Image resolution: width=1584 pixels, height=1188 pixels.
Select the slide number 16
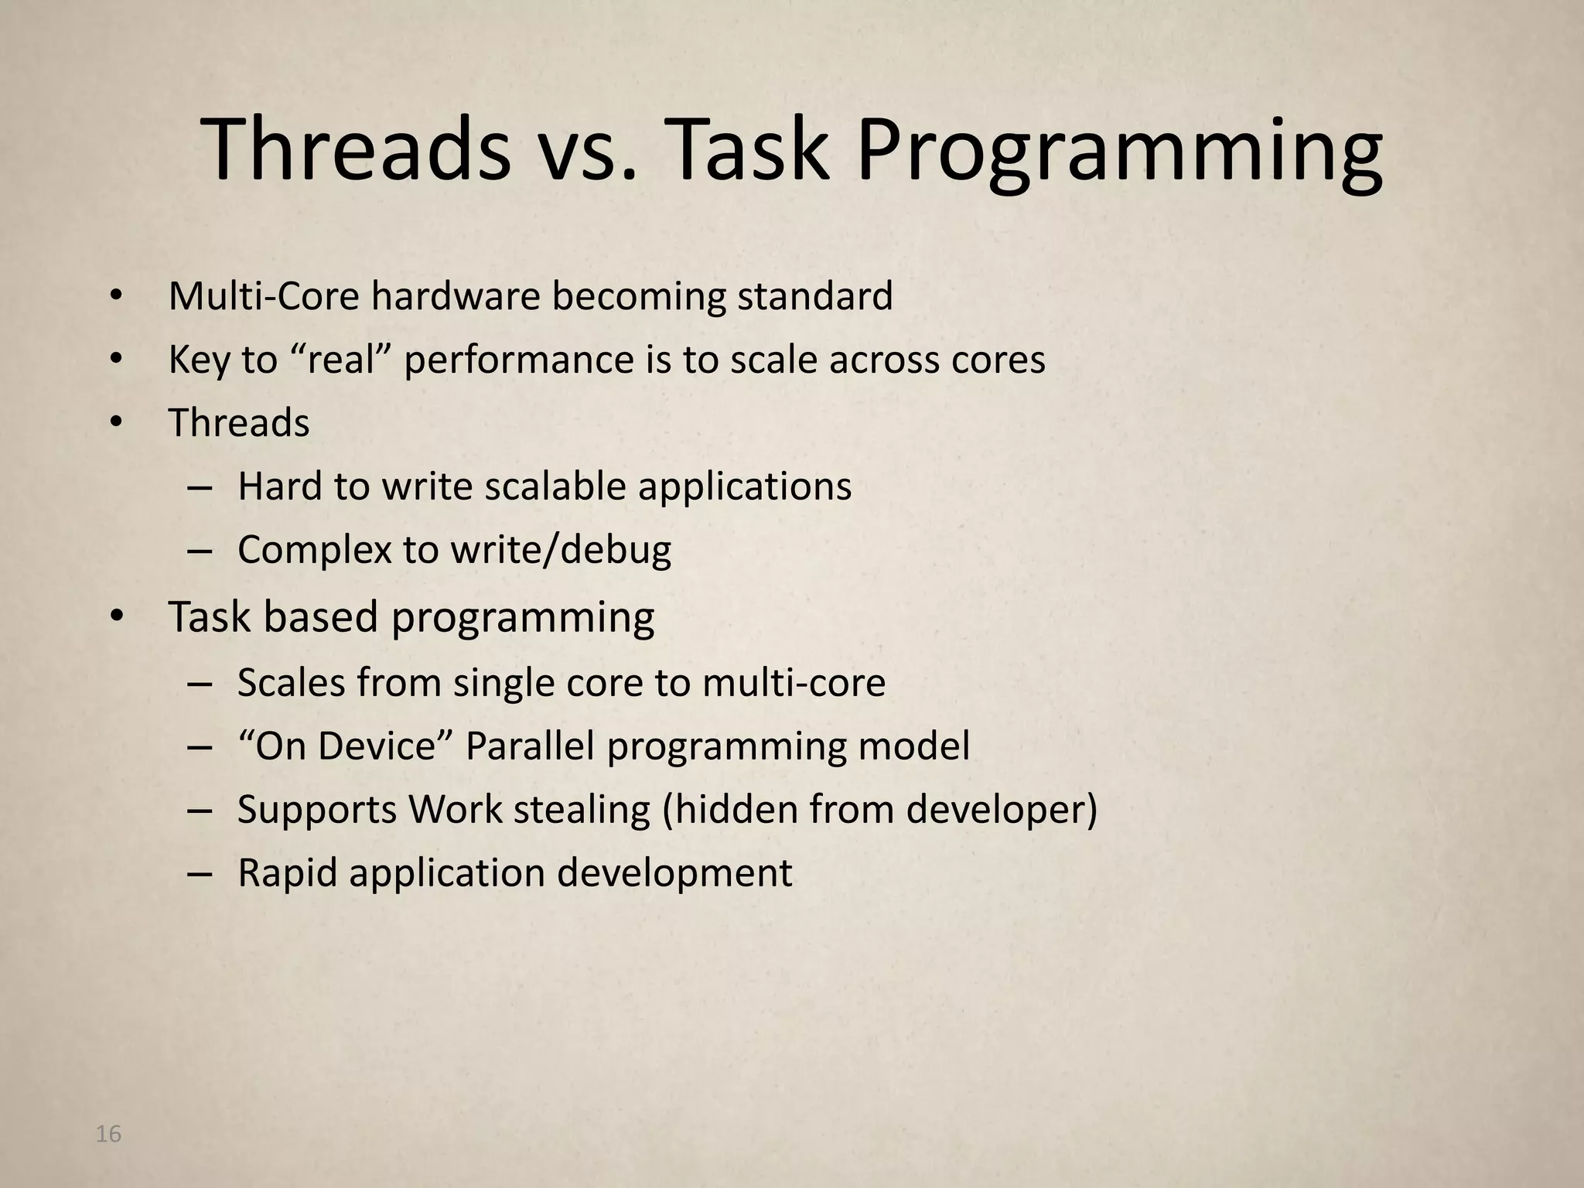click(x=108, y=1135)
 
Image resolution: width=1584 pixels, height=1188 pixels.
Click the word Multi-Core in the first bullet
click(x=264, y=296)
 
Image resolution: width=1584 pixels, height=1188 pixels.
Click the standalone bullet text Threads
click(x=239, y=423)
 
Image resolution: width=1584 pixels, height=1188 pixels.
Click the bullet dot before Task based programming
click(x=116, y=616)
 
